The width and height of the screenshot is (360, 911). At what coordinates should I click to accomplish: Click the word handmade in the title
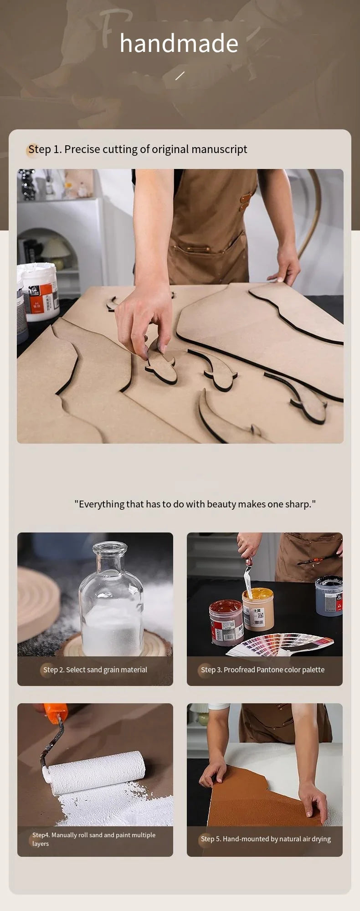(179, 44)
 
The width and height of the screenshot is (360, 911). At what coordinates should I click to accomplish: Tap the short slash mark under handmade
(180, 76)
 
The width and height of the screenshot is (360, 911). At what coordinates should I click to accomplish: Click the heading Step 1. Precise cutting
(138, 149)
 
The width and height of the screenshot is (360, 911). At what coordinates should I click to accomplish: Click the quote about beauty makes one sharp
(195, 504)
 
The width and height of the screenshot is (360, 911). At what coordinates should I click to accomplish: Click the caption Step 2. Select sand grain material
(95, 670)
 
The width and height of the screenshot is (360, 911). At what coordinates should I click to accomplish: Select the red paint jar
(226, 622)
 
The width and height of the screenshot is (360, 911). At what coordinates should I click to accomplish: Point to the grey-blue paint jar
(329, 596)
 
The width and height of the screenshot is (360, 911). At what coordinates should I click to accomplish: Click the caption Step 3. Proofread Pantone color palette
(263, 670)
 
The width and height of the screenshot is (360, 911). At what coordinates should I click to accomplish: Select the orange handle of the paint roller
(56, 712)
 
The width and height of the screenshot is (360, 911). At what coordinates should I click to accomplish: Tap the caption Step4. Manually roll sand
(94, 839)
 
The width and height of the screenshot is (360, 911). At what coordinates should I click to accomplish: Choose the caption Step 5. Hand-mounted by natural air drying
(266, 839)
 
